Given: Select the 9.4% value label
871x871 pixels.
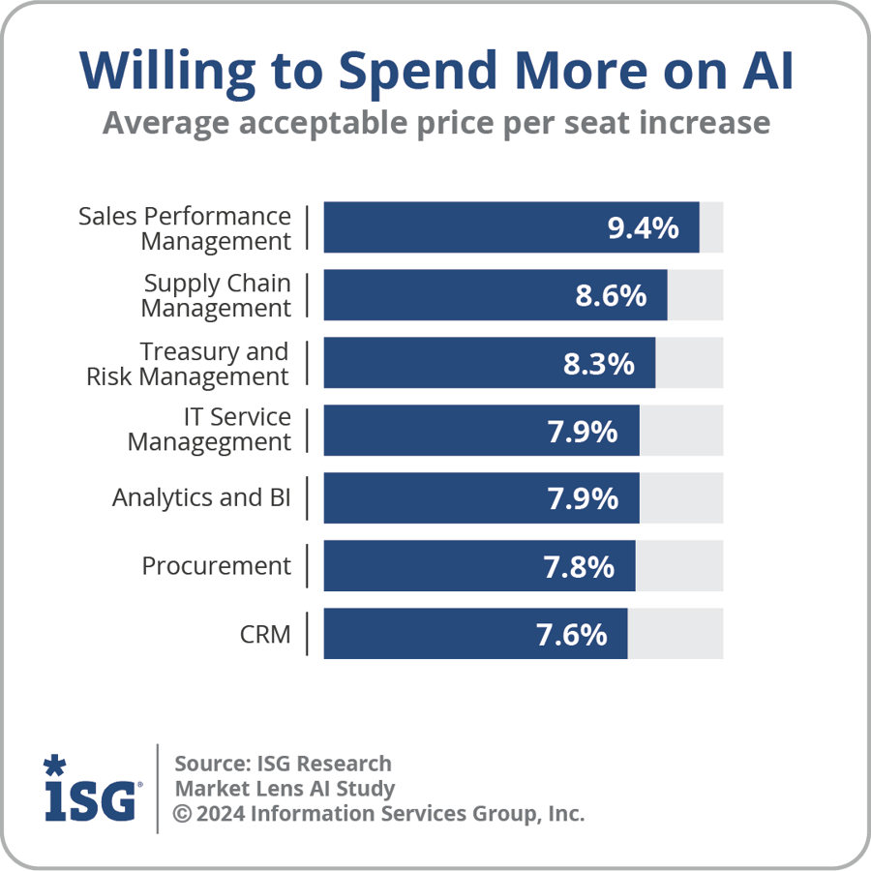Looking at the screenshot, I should (x=643, y=228).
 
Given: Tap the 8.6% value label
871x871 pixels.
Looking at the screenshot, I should (x=611, y=296).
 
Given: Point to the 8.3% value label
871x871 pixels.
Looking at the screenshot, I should (x=599, y=364).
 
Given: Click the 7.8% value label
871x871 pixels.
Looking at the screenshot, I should (x=579, y=567).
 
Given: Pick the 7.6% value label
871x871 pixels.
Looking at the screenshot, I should (x=571, y=635).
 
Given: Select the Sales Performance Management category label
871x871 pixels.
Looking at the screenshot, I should (x=184, y=228).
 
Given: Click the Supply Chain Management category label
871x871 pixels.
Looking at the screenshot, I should (x=216, y=296).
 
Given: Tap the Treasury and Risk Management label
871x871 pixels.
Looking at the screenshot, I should (x=188, y=364).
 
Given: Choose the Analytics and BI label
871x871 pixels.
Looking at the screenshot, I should (x=201, y=498).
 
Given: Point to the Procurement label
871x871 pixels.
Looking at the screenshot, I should (x=216, y=566).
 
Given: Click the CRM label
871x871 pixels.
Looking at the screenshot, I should (x=265, y=635).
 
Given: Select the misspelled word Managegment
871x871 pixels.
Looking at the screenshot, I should (x=209, y=443).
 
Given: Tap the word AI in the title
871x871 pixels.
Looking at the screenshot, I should (x=765, y=72).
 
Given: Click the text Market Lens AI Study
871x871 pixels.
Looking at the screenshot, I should (x=285, y=789).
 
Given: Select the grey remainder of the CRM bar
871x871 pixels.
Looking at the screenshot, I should (x=676, y=634).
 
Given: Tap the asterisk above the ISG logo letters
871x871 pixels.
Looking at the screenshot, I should (x=54, y=766).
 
